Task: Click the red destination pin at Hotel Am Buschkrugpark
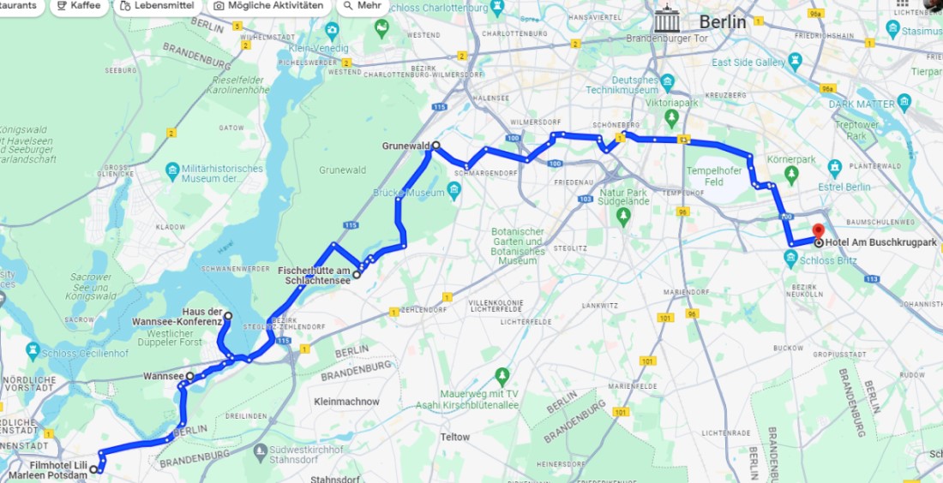point(818,230)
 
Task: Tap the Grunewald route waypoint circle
point(435,146)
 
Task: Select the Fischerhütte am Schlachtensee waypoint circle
point(357,275)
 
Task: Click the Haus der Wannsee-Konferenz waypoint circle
point(228,316)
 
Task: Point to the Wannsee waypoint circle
point(190,375)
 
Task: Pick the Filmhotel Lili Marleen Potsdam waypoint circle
point(93,469)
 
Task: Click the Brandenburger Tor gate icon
point(667,21)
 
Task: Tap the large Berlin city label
point(723,22)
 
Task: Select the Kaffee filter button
point(77,6)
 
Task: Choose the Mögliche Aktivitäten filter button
point(268,6)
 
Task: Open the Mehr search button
point(361,6)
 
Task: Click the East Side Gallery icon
point(795,61)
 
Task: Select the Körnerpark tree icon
point(791,174)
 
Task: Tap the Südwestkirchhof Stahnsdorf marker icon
point(261,450)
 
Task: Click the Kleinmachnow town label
point(346,401)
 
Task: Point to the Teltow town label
point(455,437)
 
